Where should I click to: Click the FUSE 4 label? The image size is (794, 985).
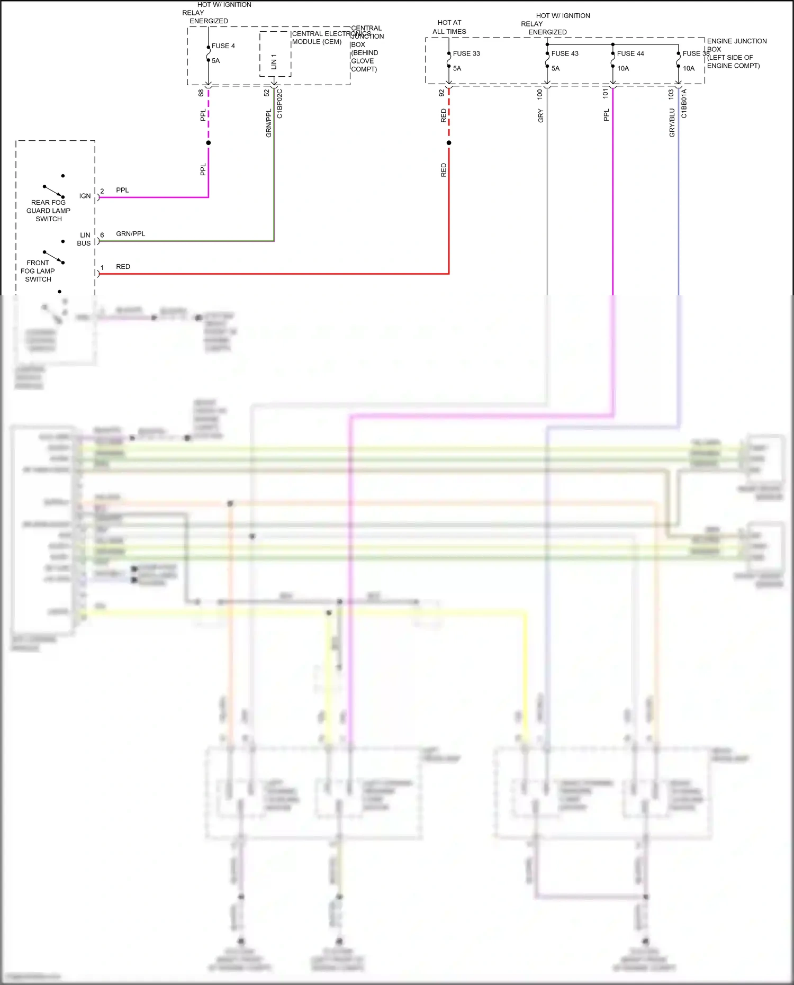click(223, 46)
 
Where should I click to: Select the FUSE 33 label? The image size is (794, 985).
click(466, 53)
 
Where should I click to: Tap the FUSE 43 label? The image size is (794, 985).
click(565, 53)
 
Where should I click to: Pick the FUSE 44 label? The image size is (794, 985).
click(630, 53)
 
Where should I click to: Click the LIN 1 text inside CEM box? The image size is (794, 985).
click(274, 61)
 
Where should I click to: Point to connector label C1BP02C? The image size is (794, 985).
click(280, 104)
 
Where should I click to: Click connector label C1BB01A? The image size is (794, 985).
click(684, 104)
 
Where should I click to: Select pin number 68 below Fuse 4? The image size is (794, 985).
click(201, 93)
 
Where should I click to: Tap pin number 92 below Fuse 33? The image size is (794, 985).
click(441, 93)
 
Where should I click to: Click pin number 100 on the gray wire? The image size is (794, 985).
click(540, 94)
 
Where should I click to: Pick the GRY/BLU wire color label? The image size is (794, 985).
click(672, 123)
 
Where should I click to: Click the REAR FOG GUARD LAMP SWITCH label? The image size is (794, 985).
click(48, 211)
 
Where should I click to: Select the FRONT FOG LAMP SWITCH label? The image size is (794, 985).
click(38, 271)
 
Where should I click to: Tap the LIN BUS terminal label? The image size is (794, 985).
click(84, 239)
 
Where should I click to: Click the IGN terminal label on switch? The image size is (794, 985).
click(85, 196)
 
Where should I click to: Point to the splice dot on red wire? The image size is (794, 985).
click(449, 143)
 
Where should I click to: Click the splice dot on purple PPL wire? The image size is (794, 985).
click(209, 143)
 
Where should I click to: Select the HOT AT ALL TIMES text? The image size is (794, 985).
click(449, 27)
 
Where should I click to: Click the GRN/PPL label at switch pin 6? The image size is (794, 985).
click(130, 233)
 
